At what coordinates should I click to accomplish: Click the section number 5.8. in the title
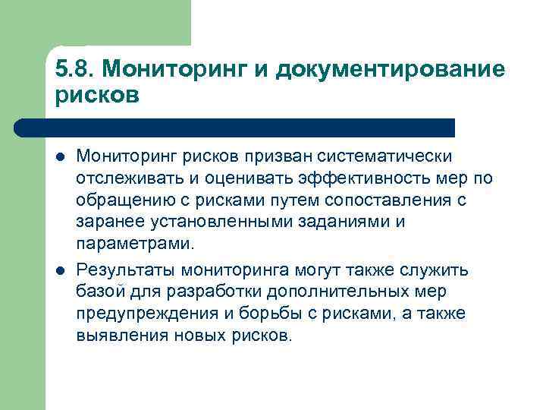click(74, 70)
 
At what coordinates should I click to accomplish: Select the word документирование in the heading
click(391, 70)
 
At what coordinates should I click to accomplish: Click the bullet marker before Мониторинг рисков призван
click(59, 157)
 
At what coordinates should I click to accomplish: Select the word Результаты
click(122, 270)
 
